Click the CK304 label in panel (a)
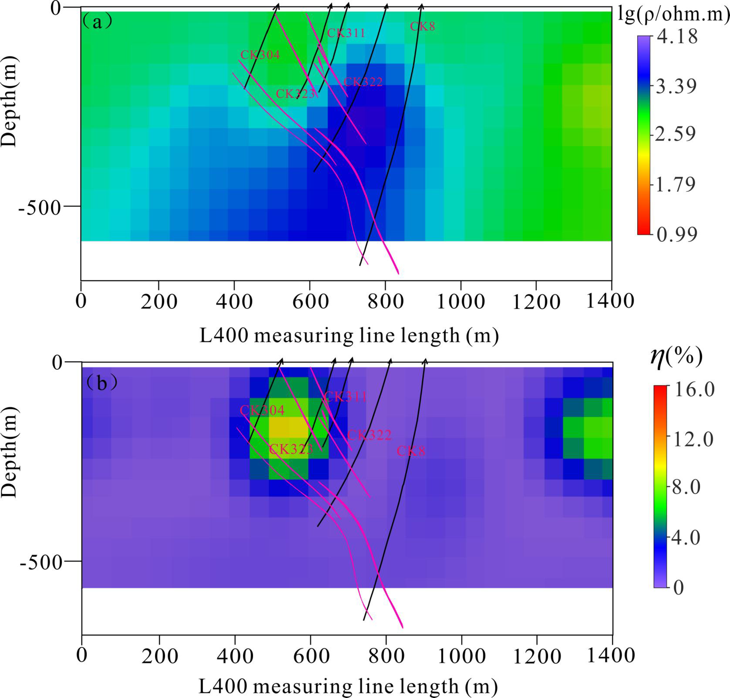point(260,55)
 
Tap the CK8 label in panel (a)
point(422,27)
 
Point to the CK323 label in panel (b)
point(291,449)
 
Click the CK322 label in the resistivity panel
point(363,82)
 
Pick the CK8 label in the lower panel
point(411,451)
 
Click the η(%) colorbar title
point(676,357)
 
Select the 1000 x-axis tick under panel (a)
point(460,301)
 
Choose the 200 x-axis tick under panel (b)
point(159,656)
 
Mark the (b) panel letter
point(101,384)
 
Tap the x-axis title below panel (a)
point(349,336)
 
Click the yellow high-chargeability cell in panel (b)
point(289,427)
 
